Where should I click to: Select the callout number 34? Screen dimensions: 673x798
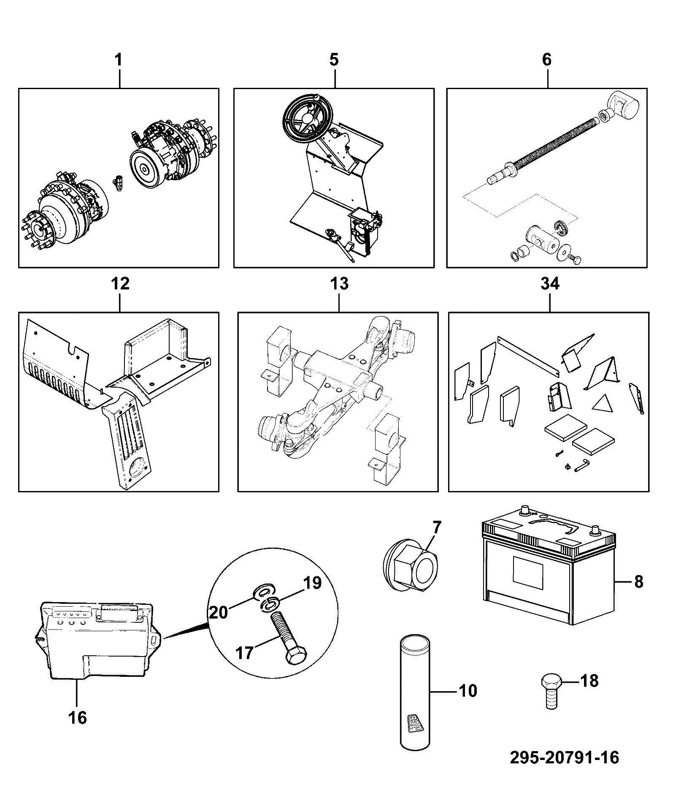[x=550, y=283]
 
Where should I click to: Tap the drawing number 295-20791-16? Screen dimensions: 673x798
[x=564, y=757]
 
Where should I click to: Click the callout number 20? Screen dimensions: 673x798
[x=219, y=613]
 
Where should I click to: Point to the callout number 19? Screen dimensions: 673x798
[x=312, y=583]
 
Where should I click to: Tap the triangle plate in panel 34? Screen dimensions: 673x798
[x=602, y=402]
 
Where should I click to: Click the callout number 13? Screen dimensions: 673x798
[x=339, y=283]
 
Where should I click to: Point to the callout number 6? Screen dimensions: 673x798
[x=546, y=60]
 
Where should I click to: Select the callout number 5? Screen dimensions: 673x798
[x=334, y=60]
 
